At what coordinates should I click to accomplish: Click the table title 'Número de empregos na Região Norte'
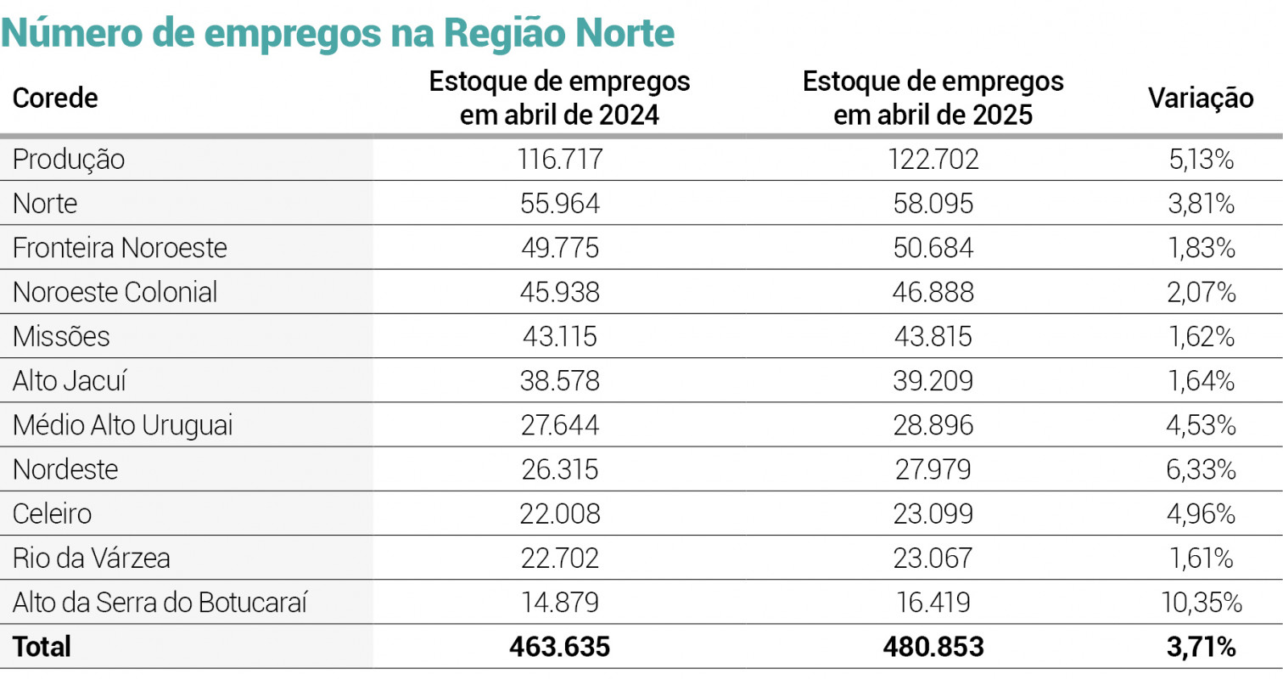coord(339,33)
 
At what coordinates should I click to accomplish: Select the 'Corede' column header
coord(55,98)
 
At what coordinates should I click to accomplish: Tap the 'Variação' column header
coord(1201,98)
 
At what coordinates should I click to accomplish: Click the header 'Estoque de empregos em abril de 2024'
coord(559,98)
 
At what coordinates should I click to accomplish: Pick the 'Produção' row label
coord(69,160)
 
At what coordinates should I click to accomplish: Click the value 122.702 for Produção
coord(933,160)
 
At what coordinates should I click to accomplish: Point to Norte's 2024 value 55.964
coord(559,204)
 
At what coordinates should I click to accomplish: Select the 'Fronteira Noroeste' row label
coord(120,248)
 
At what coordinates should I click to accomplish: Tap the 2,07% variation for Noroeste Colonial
coord(1201,293)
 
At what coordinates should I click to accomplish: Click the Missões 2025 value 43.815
coord(933,337)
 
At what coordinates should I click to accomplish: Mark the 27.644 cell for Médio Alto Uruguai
coord(559,425)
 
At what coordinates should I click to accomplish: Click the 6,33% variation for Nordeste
coord(1201,469)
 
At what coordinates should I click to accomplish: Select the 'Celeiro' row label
coord(52,513)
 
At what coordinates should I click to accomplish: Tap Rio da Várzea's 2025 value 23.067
coord(933,558)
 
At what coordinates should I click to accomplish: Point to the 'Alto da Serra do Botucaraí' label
coord(160,603)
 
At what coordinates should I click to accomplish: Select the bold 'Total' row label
coord(42,647)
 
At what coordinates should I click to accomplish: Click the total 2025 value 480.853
coord(933,647)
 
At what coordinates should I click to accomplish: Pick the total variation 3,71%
coord(1201,647)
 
